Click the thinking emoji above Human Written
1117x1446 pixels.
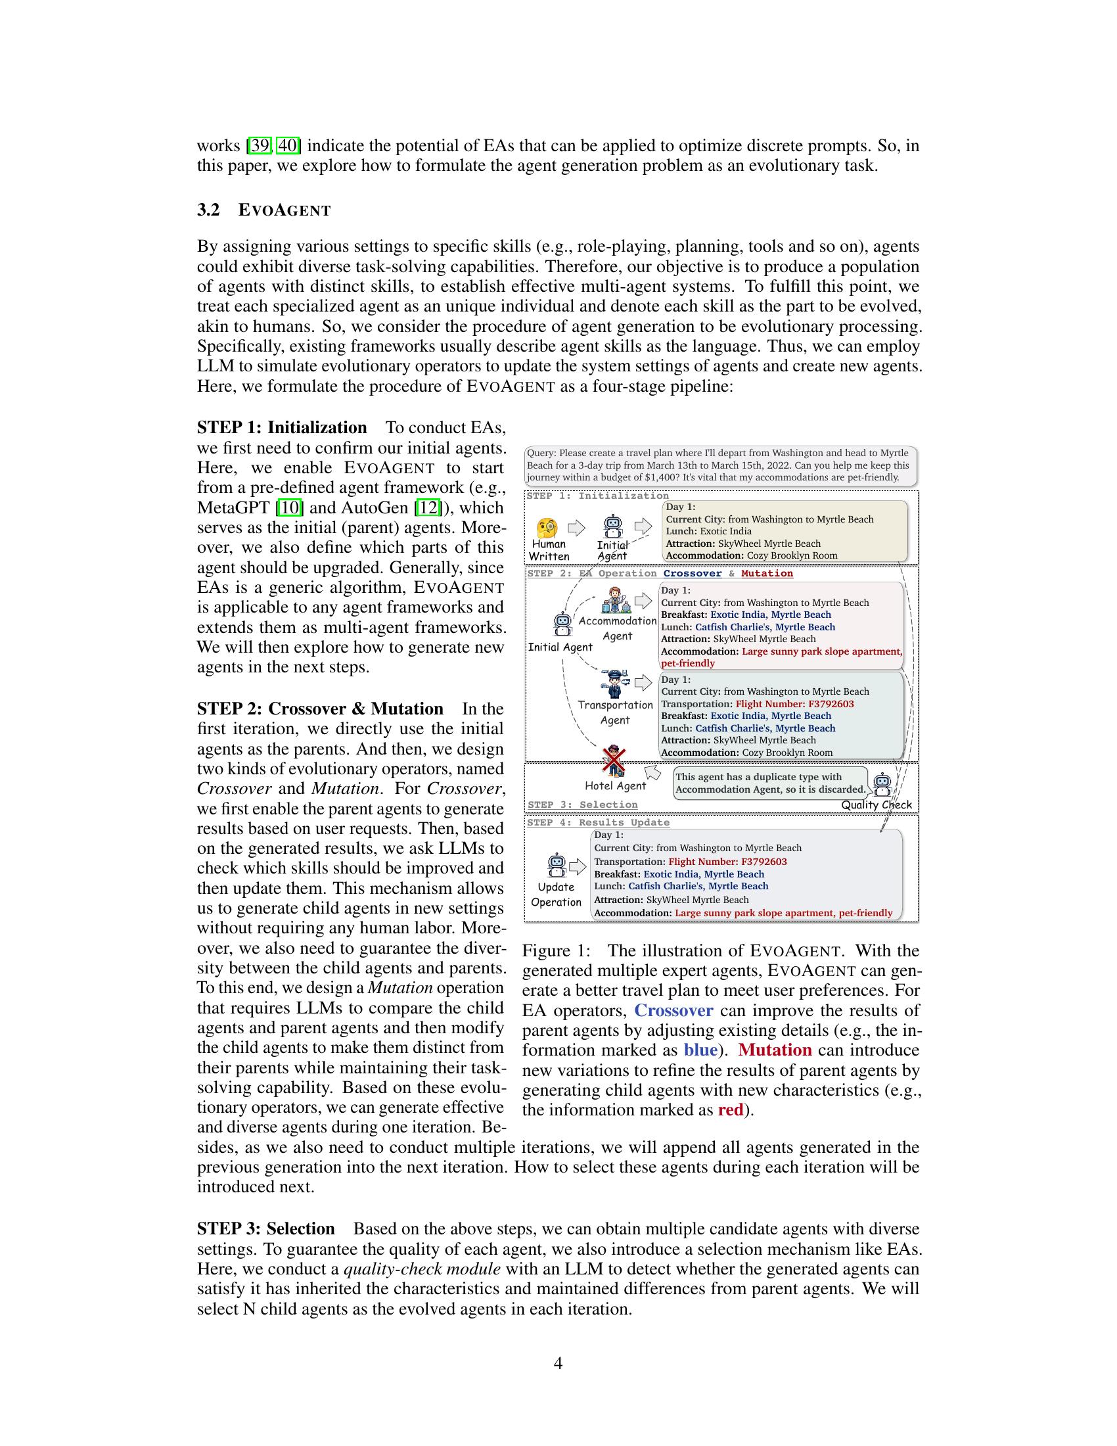coord(547,528)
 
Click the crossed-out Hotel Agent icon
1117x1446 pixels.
coord(614,761)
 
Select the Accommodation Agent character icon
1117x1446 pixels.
coord(616,599)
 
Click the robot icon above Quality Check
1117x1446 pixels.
coord(882,785)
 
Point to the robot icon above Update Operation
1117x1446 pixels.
coord(557,865)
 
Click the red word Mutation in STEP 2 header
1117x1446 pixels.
coord(766,573)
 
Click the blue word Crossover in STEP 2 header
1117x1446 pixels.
coord(692,573)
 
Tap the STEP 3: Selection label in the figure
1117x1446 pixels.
coord(582,805)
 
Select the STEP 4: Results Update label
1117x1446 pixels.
coord(598,822)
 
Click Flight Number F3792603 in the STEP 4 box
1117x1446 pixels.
coord(727,862)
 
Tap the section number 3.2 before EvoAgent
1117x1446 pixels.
coord(208,210)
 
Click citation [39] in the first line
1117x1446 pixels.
coord(258,145)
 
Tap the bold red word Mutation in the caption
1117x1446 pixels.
coord(774,1050)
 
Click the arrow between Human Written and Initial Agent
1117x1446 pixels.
coord(577,528)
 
